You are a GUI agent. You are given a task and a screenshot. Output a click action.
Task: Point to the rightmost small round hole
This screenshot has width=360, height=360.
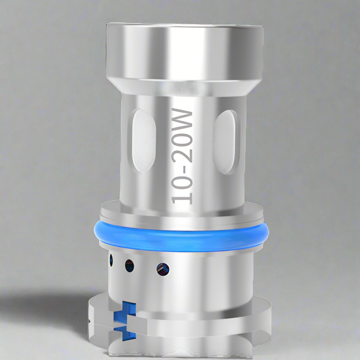pos(163,269)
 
